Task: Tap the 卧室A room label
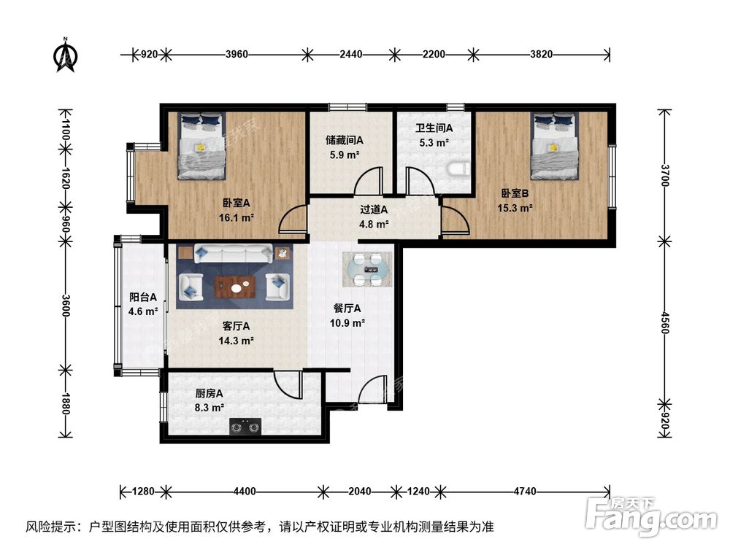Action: [237, 203]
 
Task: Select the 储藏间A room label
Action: [344, 140]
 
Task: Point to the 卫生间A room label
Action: [434, 128]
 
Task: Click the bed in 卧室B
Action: [553, 146]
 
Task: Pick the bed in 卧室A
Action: [201, 146]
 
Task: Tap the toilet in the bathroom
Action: [457, 170]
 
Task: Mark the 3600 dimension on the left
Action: [66, 303]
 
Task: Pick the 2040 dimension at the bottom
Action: [358, 491]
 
